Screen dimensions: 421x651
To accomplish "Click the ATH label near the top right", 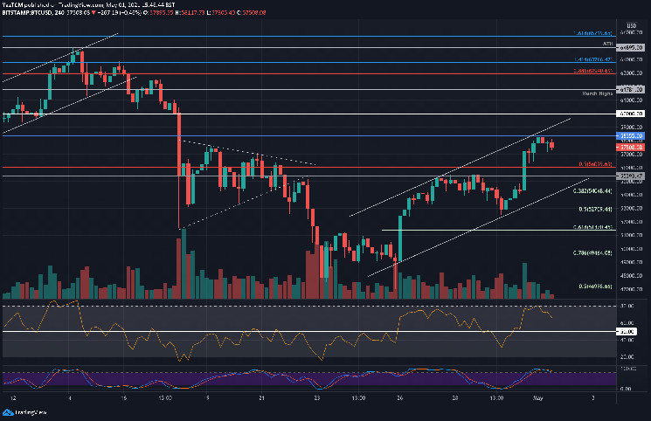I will tap(606, 42).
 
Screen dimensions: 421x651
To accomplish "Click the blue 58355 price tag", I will tap(633, 136).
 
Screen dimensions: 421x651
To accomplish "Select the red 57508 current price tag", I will tap(633, 148).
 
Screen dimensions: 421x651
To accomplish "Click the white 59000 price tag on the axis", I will tap(633, 114).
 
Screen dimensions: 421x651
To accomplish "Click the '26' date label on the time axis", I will tap(398, 397).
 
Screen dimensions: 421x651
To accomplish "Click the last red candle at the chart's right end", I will tap(551, 146).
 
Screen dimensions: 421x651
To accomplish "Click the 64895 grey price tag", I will tap(633, 47).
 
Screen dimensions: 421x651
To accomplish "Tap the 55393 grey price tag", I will tap(633, 176).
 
